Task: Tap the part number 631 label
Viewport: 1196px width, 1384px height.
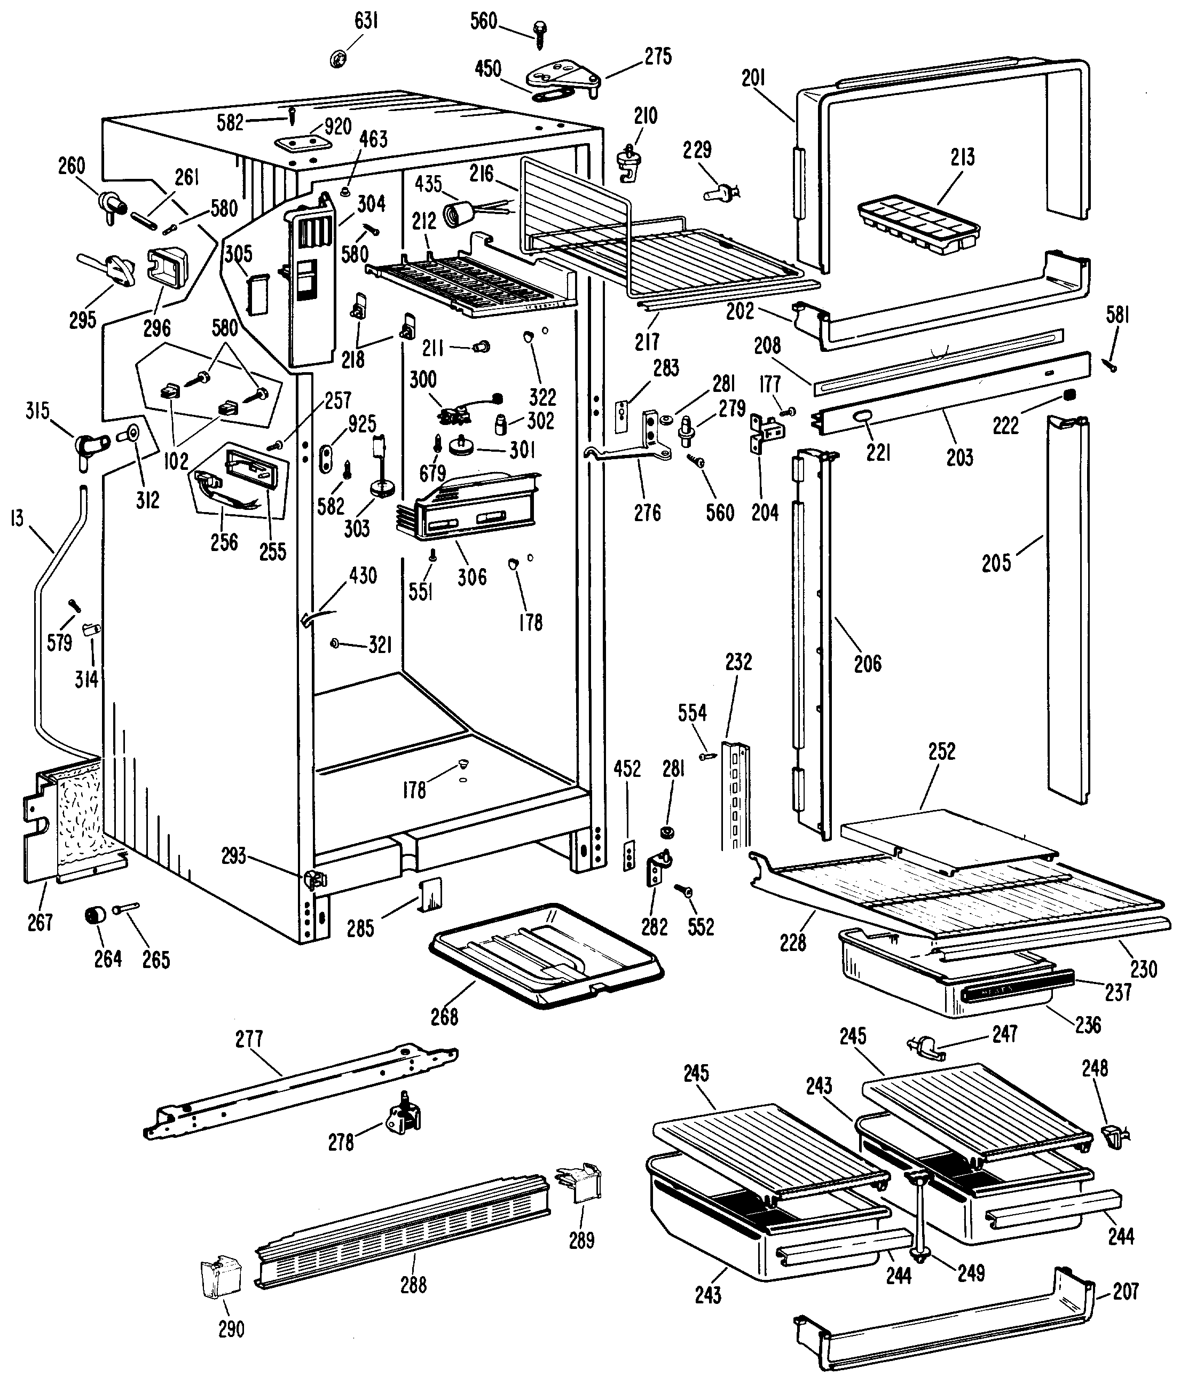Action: tap(366, 21)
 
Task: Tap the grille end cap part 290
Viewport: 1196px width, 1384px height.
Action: tap(221, 1278)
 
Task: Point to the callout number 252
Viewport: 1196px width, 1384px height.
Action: tap(941, 751)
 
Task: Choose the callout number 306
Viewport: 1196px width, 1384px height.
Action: tap(472, 577)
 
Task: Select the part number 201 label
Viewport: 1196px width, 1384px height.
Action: tap(753, 78)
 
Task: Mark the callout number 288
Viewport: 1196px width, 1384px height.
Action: tap(413, 1285)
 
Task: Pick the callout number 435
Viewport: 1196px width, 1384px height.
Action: tap(429, 184)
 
